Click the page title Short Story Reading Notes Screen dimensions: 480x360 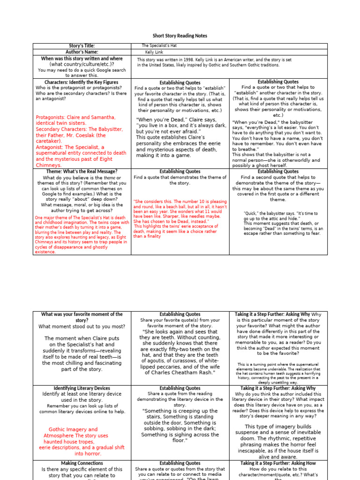pos(180,36)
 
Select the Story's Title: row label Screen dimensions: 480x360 pos(82,46)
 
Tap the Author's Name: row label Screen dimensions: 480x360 pos(82,52)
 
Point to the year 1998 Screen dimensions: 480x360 pos(194,60)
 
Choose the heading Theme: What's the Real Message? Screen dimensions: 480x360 pos(82,172)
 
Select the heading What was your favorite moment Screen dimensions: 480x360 pos(82,314)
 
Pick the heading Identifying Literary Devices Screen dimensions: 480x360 pos(82,388)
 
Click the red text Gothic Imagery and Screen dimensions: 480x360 pos(73,429)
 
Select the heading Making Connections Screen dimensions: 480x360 pos(82,463)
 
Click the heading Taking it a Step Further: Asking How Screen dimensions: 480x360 pos(278,463)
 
